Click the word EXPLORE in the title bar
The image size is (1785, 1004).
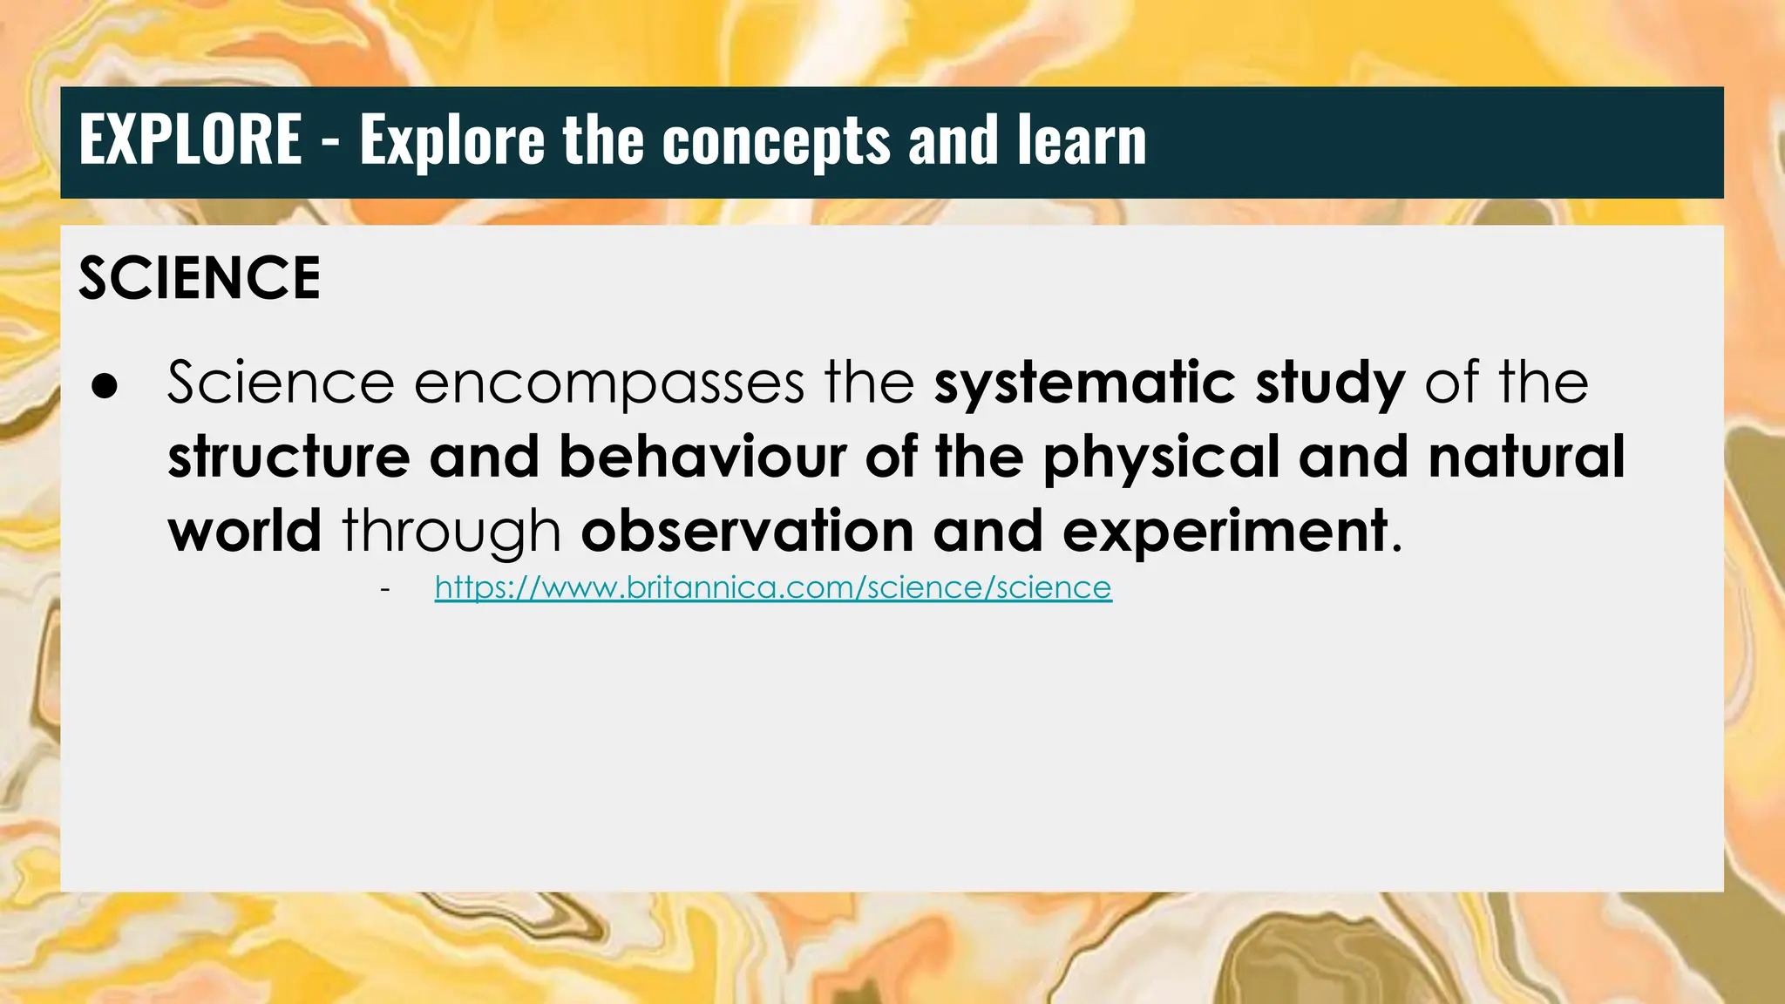tap(190, 140)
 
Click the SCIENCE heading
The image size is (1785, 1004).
tap(200, 279)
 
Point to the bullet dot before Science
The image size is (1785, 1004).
tap(104, 388)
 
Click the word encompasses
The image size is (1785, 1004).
tap(608, 383)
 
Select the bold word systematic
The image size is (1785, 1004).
tap(1084, 383)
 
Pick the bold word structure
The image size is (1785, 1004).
tap(288, 457)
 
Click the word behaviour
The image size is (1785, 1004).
tap(702, 457)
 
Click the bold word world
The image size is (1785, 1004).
tap(245, 531)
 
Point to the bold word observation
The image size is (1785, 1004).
tap(747, 531)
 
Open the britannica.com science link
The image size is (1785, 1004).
tap(773, 588)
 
